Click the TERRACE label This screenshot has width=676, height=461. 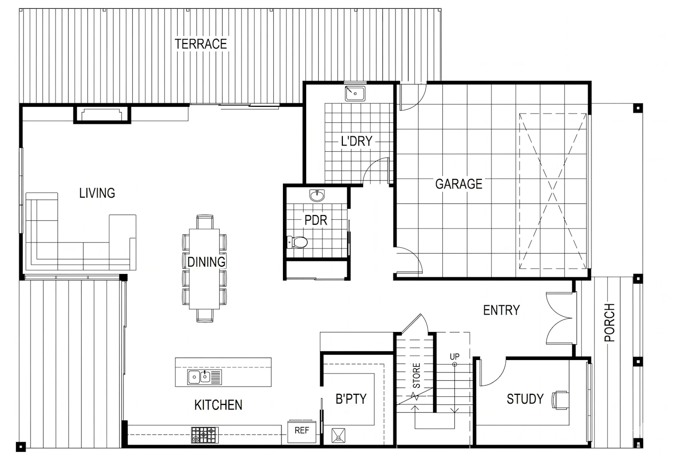[x=201, y=44]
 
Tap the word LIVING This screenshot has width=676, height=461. [x=97, y=193]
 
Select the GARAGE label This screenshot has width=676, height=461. [x=459, y=184]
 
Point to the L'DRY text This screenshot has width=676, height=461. [x=357, y=141]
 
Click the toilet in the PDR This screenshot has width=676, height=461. [x=297, y=242]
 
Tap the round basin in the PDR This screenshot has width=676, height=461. [x=317, y=195]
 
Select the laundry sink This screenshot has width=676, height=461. [x=355, y=93]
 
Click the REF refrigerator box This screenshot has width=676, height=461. [x=302, y=431]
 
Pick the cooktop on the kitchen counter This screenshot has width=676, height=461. [x=205, y=435]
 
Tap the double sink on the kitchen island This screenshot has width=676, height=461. [x=205, y=377]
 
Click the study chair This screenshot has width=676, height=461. [x=561, y=400]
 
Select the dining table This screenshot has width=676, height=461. [x=204, y=269]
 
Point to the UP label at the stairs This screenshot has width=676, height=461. [x=454, y=357]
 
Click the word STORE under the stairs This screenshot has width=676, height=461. [x=416, y=375]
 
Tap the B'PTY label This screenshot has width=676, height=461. [x=351, y=399]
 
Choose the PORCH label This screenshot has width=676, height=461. [x=609, y=323]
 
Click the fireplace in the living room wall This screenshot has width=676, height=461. [x=102, y=114]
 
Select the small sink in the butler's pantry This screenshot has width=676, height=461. [x=338, y=435]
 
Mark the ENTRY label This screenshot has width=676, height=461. [x=502, y=310]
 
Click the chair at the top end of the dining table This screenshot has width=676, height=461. [x=205, y=222]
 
